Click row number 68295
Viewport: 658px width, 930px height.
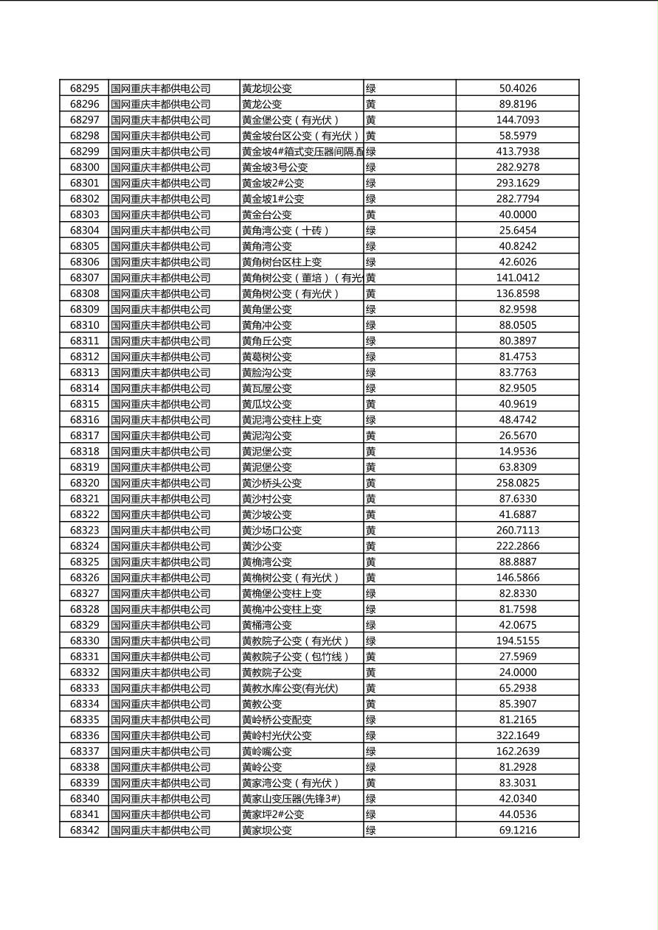click(x=84, y=88)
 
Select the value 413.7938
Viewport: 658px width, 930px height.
click(x=518, y=152)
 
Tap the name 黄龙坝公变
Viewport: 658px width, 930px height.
click(x=267, y=88)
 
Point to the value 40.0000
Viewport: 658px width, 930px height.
click(x=518, y=214)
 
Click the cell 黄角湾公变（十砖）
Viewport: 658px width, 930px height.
click(x=285, y=231)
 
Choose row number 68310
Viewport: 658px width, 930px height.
click(x=84, y=325)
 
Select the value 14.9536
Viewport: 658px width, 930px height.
click(x=518, y=451)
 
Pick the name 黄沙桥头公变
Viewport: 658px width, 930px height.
click(x=272, y=483)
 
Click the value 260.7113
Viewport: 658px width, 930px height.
click(x=518, y=530)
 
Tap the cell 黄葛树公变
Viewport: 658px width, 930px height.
click(x=267, y=357)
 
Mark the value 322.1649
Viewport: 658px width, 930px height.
click(x=518, y=735)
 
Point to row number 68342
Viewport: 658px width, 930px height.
click(x=84, y=831)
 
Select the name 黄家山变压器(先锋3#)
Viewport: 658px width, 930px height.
click(x=291, y=799)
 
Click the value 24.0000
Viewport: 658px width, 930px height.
click(x=518, y=672)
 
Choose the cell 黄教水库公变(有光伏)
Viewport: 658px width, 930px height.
click(x=290, y=688)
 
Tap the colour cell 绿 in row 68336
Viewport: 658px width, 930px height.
click(x=371, y=735)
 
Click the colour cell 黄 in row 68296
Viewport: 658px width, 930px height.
click(x=371, y=105)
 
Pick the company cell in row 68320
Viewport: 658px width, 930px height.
click(x=161, y=483)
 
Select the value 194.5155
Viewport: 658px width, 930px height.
click(x=518, y=641)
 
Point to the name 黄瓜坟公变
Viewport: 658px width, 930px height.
click(x=267, y=404)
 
